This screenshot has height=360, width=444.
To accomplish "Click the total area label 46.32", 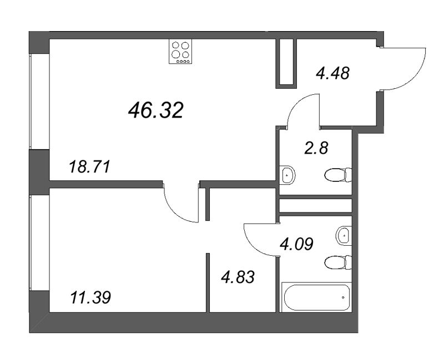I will pos(155,111).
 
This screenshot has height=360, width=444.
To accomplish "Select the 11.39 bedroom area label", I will pos(90,298).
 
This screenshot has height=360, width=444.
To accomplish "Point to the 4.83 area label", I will pos(239,276).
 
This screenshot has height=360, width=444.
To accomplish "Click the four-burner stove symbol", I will pos(181,52).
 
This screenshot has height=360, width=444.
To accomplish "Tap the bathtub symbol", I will pos(316,298).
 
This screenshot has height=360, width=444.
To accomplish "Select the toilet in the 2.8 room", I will pos(337,175).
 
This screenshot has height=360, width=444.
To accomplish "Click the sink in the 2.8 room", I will pos(287,175).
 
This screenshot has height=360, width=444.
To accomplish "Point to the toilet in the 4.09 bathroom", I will pos(338,262).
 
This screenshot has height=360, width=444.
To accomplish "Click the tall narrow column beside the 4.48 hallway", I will pos(286,63).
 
